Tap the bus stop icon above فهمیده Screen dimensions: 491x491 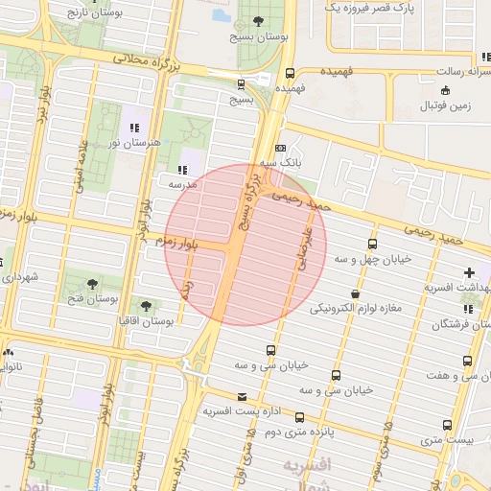[291, 73]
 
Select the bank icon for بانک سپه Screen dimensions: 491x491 [280, 149]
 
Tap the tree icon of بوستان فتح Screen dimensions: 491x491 [92, 284]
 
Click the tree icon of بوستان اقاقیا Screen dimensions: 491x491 [145, 306]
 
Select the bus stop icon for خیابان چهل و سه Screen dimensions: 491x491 [372, 245]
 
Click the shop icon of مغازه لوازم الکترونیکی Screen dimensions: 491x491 [355, 294]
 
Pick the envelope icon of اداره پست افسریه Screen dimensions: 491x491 [241, 396]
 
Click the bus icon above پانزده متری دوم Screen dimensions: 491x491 [300, 418]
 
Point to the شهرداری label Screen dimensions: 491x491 [18, 277]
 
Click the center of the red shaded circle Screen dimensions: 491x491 [246, 245]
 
